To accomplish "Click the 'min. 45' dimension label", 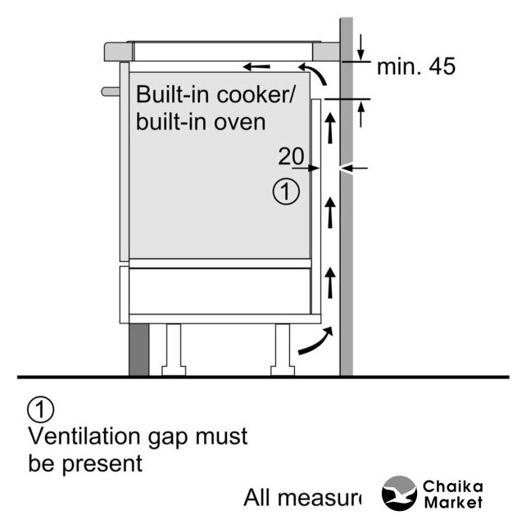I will pos(415,67).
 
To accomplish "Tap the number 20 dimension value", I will pos(292,156).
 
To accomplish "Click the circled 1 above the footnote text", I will pos(41,408).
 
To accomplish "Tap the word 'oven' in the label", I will pos(243,122).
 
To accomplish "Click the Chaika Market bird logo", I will pos(399,495).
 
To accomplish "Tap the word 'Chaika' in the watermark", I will pos(452,487).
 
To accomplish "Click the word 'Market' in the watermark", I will pos(452,503).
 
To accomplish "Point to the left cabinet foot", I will pos(174,349).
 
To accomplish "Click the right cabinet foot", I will pos(283,349).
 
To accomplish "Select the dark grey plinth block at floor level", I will pos(139,349).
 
